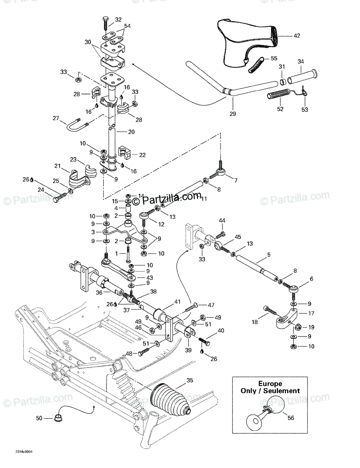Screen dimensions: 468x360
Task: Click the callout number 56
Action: tap(291, 418)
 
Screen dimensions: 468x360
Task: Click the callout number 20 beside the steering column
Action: tap(131, 132)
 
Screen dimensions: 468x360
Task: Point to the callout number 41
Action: tap(178, 301)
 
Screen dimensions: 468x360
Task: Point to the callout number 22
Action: tap(143, 155)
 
